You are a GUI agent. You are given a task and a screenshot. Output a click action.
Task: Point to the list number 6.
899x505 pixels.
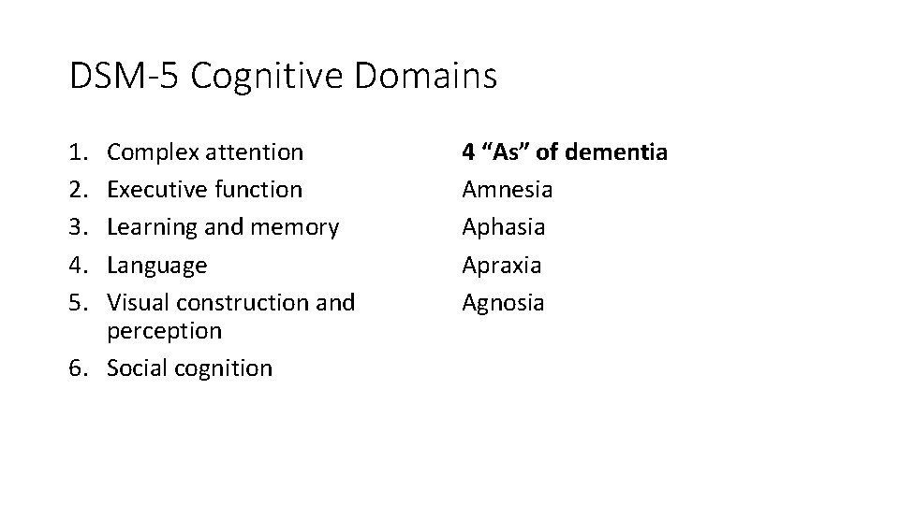pos(79,368)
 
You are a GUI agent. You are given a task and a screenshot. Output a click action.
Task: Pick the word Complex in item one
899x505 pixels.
pos(150,151)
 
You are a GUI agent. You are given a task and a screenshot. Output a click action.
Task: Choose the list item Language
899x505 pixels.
pos(156,266)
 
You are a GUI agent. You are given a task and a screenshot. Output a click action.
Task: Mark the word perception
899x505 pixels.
pos(164,330)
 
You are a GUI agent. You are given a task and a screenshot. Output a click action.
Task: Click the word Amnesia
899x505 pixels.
pos(508,189)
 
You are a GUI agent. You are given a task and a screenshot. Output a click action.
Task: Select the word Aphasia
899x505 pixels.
pos(504,227)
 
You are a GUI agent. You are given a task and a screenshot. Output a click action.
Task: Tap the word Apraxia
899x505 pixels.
pos(502,265)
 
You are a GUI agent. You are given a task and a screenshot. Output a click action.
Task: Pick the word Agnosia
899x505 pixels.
pos(503,303)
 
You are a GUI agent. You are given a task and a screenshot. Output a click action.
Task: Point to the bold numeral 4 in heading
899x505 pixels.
pos(469,151)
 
